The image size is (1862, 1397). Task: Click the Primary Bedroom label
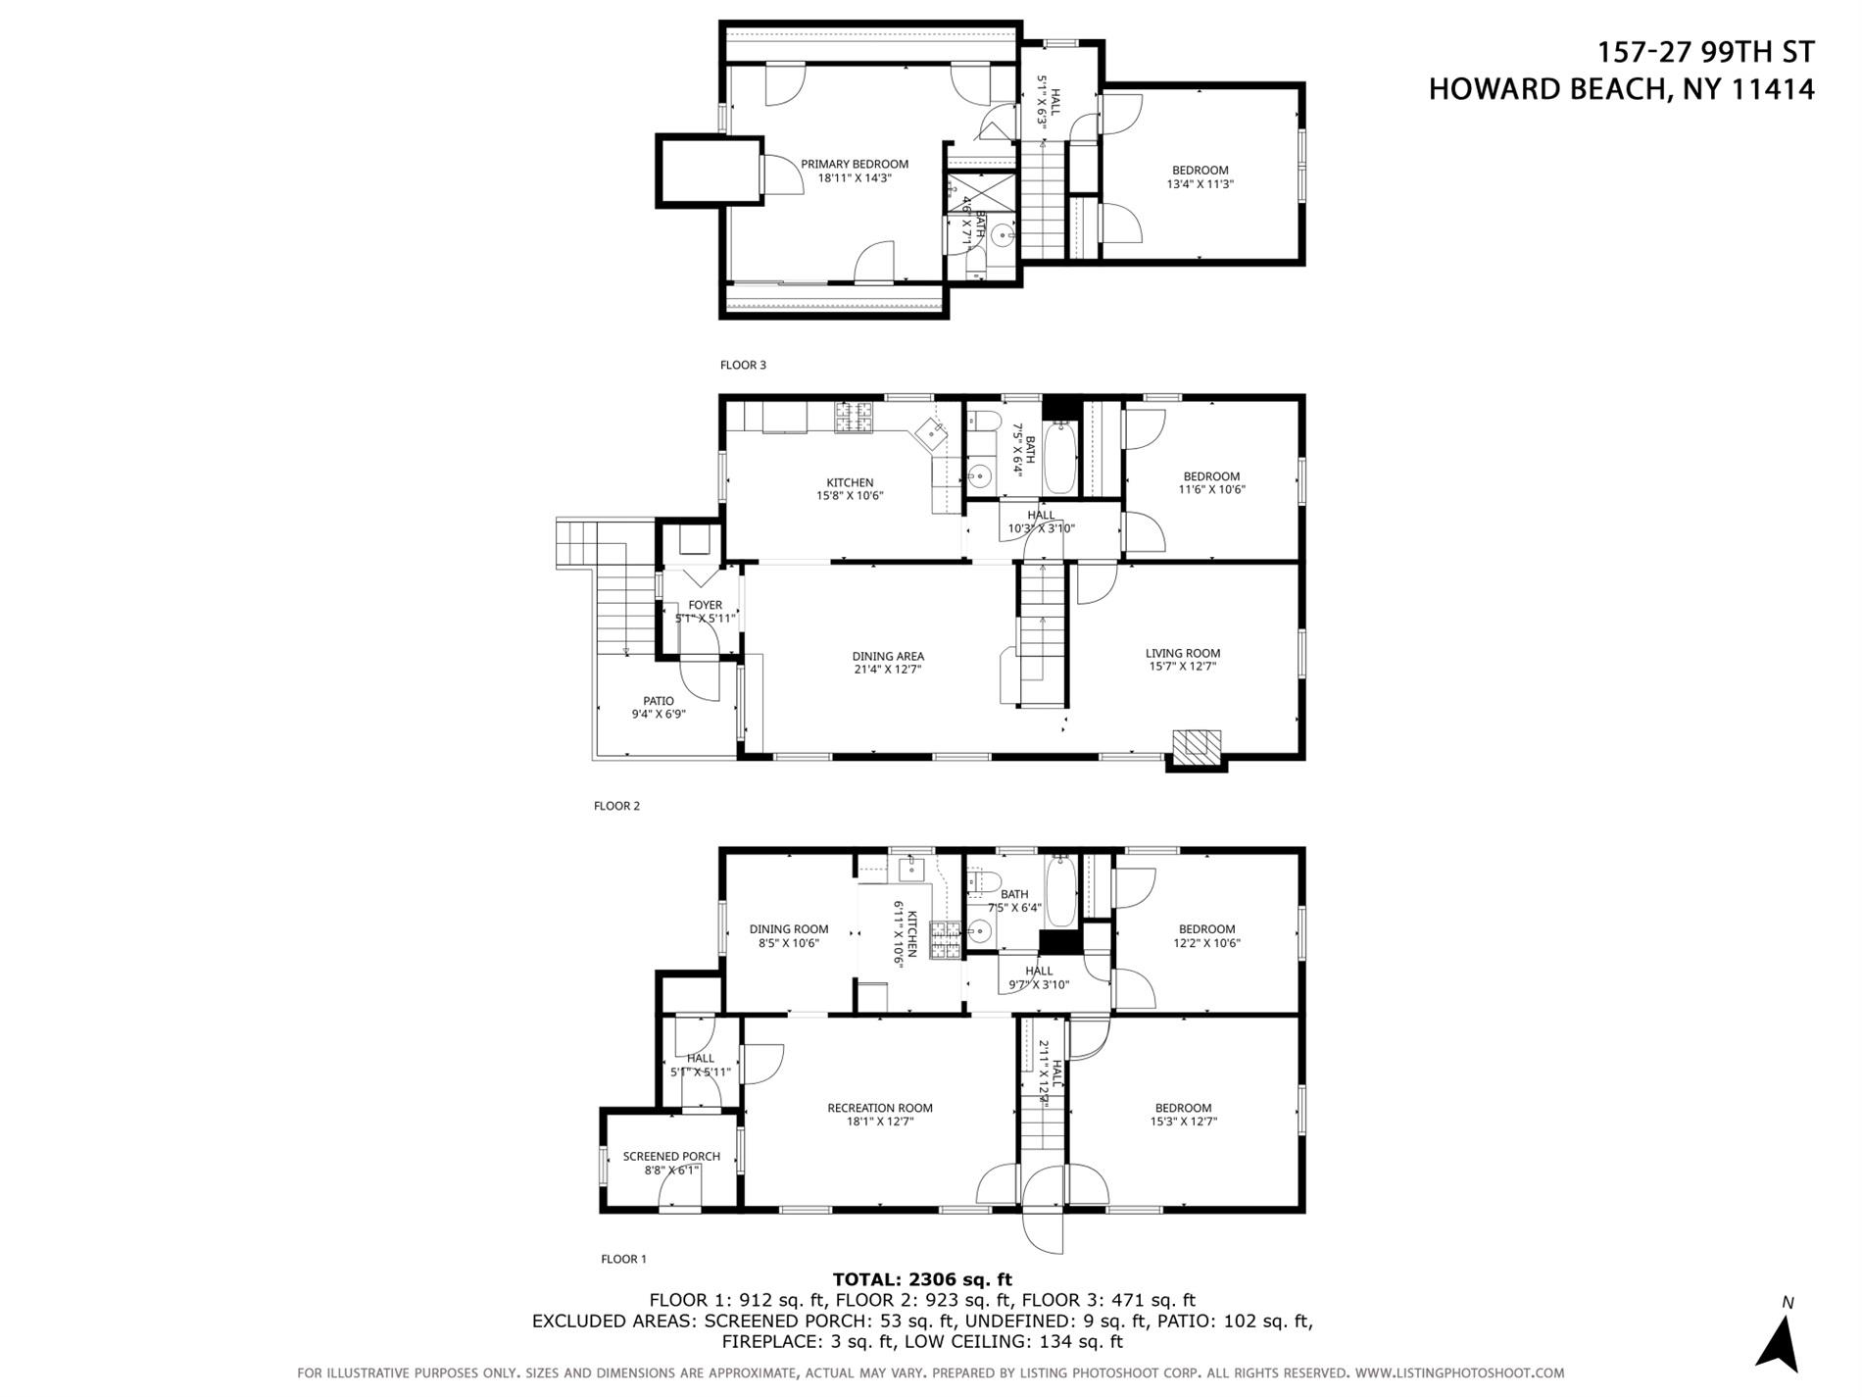[854, 164]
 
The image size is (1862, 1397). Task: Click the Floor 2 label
[616, 806]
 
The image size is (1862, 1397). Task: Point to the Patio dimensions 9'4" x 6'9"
[658, 714]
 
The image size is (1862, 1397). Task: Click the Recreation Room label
[879, 1108]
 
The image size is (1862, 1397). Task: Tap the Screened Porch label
[671, 1157]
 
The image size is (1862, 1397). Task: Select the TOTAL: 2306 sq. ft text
[921, 1278]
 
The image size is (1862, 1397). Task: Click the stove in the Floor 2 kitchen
[853, 418]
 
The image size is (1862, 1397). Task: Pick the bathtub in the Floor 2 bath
[1060, 458]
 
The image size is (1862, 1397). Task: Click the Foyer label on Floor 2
[705, 605]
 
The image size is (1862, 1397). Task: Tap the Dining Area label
[888, 657]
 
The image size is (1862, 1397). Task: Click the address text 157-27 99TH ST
[1705, 51]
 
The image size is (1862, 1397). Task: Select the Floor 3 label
[743, 365]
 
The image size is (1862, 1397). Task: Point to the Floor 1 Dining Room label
[789, 929]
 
